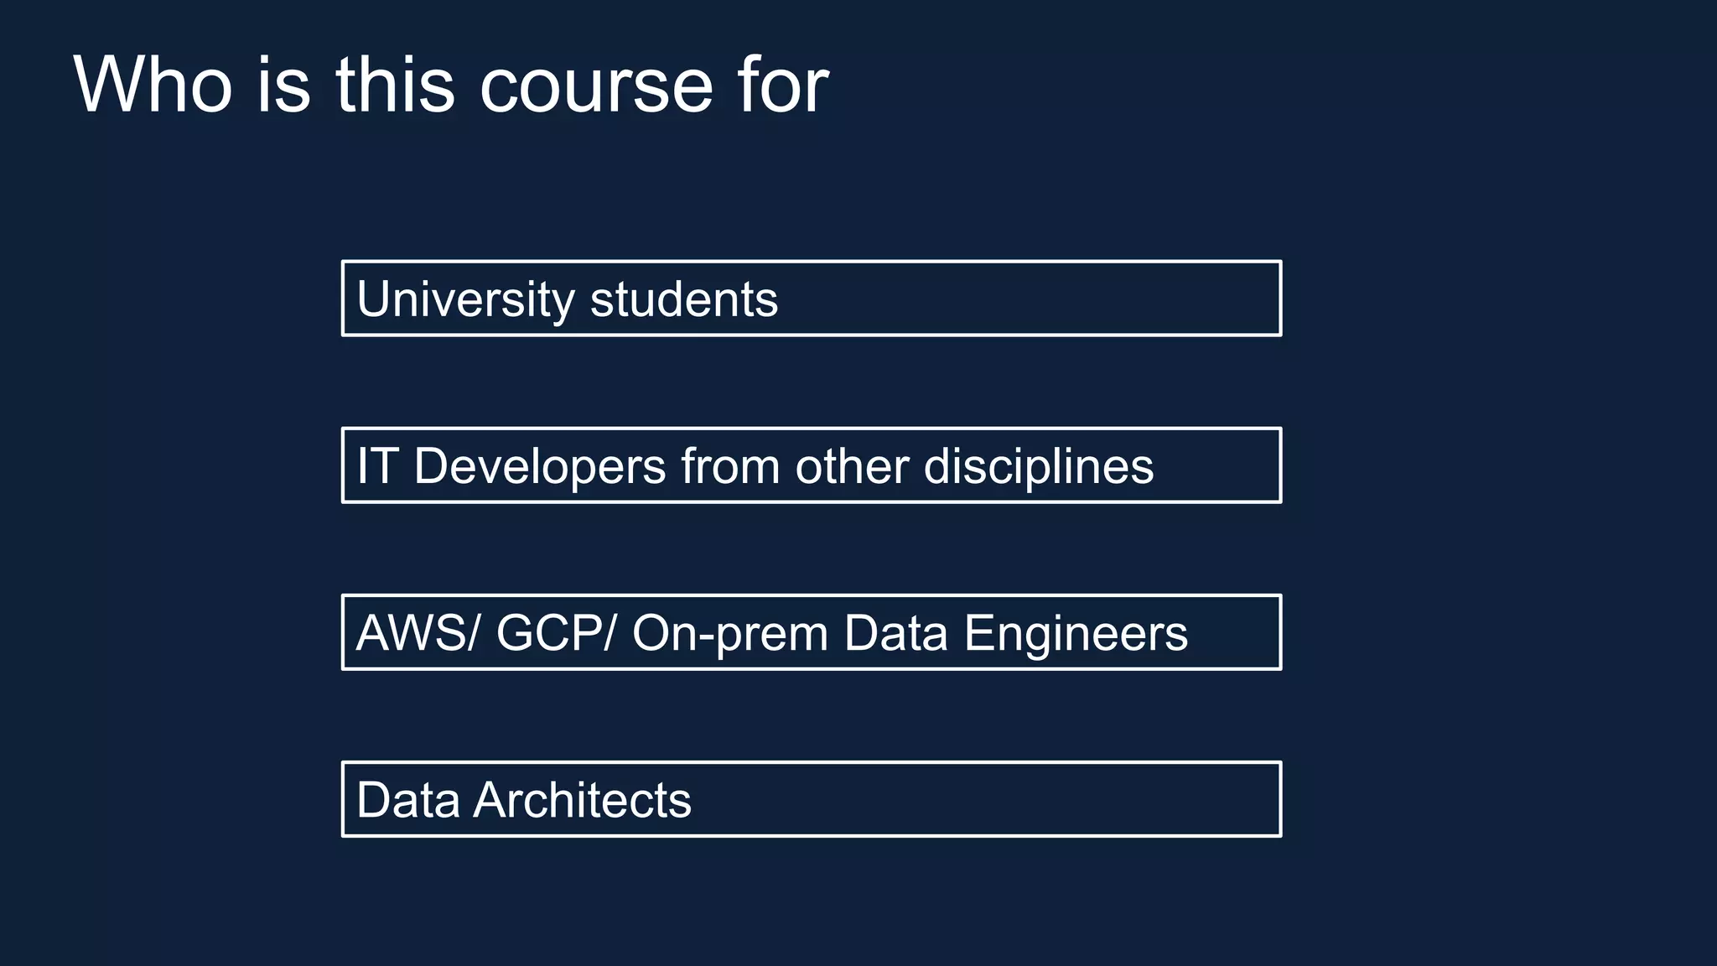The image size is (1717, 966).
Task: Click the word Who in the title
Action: tap(153, 85)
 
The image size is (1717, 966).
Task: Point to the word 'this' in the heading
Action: tap(396, 85)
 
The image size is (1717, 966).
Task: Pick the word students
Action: tap(684, 299)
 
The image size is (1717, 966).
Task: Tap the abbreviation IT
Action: tap(376, 466)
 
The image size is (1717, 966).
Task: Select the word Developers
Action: tap(540, 466)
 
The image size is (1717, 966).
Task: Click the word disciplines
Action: tap(1039, 466)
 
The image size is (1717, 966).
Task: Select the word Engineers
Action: tap(1076, 633)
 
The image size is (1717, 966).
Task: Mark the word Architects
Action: tap(583, 800)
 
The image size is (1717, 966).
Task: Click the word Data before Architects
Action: tap(408, 800)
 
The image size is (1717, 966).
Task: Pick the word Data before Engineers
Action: tap(896, 633)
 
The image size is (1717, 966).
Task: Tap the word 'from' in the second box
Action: tap(730, 466)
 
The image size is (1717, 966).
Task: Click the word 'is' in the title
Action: tap(283, 85)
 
